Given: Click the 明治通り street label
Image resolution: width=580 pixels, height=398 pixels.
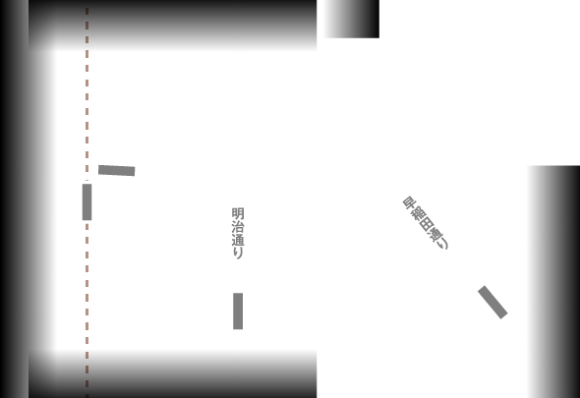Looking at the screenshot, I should click(x=237, y=233).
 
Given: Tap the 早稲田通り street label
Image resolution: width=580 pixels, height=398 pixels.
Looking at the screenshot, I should click(x=425, y=222).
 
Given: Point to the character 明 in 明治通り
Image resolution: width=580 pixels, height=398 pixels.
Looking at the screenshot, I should click(x=237, y=213).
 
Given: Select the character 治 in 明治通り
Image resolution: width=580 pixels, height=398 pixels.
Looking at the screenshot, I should click(x=237, y=226).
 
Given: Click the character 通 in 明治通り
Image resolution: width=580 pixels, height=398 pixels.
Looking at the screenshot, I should click(x=237, y=239).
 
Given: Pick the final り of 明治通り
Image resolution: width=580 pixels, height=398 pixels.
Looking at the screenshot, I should click(x=237, y=253).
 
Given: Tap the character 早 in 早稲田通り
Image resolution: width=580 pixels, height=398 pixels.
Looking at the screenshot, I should click(x=408, y=202).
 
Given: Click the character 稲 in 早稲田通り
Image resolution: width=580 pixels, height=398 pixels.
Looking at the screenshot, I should click(x=416, y=212).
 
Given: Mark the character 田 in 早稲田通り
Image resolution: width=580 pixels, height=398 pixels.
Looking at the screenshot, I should click(x=425, y=222).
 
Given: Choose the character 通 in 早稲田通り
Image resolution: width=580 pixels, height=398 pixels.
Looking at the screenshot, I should click(x=433, y=232).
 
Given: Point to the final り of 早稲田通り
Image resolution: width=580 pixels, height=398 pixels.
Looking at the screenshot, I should click(x=441, y=242).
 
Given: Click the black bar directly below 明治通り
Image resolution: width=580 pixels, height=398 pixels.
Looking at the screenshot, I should click(x=238, y=311).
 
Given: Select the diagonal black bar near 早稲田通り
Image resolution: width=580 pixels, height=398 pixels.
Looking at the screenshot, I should click(x=493, y=302).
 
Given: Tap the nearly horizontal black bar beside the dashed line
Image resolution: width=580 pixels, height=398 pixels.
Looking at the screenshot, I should click(x=116, y=170).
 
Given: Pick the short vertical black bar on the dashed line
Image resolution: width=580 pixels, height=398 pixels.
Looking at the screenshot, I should click(x=87, y=201).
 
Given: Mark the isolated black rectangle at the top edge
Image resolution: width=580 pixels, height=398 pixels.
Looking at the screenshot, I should click(x=351, y=19).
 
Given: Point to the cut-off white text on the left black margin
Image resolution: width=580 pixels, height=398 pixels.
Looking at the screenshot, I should click(x=54, y=241).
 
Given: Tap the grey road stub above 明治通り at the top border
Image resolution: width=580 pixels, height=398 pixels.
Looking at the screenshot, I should click(x=238, y=26).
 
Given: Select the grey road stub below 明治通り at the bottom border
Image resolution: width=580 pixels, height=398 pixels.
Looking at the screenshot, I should click(x=238, y=373).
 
